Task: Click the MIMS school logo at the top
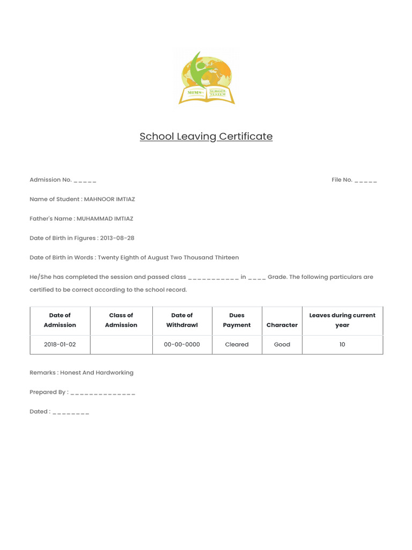click(x=207, y=78)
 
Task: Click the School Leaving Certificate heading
click(x=206, y=136)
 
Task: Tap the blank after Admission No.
click(x=85, y=180)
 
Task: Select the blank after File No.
click(x=365, y=180)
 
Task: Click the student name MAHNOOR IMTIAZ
click(x=109, y=199)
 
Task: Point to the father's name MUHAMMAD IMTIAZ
click(x=105, y=219)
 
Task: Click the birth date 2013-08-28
click(x=117, y=238)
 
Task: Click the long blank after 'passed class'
click(x=213, y=278)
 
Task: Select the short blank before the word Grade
click(x=256, y=278)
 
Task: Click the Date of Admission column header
click(x=60, y=320)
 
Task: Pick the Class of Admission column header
click(x=121, y=320)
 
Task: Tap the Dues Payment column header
click(x=237, y=320)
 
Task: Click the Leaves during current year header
click(x=342, y=320)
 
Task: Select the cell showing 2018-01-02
click(x=60, y=344)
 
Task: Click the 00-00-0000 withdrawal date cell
click(x=182, y=344)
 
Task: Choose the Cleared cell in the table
click(x=237, y=344)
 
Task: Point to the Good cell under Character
click(x=282, y=344)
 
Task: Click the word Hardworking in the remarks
click(x=115, y=372)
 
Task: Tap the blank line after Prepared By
click(x=102, y=393)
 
